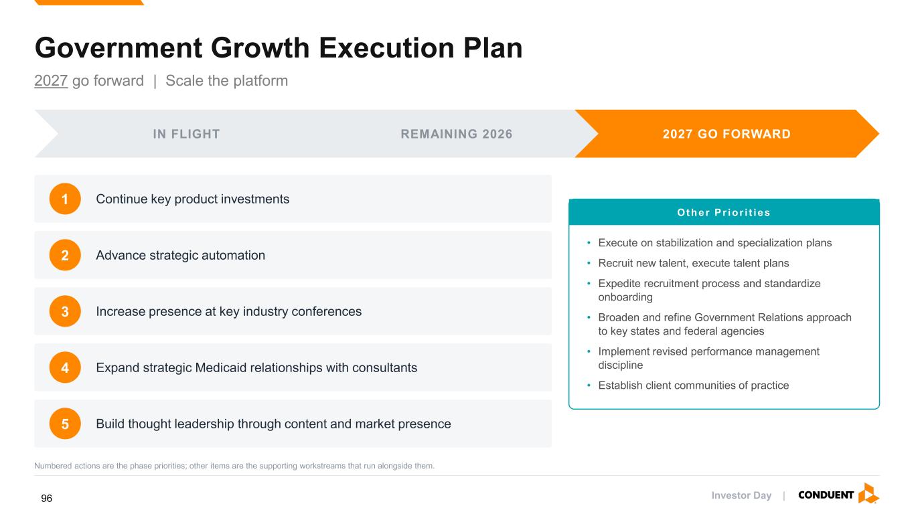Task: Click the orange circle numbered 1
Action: click(x=65, y=199)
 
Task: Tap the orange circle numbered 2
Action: click(x=65, y=255)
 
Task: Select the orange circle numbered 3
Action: click(x=65, y=311)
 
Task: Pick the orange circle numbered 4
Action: click(x=65, y=367)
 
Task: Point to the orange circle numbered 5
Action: click(x=65, y=424)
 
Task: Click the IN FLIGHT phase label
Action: click(x=186, y=134)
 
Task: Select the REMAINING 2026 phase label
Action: click(x=456, y=134)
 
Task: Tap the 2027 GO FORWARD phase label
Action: click(x=727, y=134)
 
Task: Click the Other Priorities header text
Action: click(x=723, y=213)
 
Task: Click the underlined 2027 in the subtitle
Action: click(x=51, y=81)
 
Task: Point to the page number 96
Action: click(x=46, y=498)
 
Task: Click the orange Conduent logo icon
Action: click(x=868, y=493)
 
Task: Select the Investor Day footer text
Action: click(x=741, y=495)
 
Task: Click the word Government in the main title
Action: click(x=119, y=48)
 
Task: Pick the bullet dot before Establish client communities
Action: click(x=589, y=385)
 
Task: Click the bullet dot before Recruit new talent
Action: click(x=589, y=263)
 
